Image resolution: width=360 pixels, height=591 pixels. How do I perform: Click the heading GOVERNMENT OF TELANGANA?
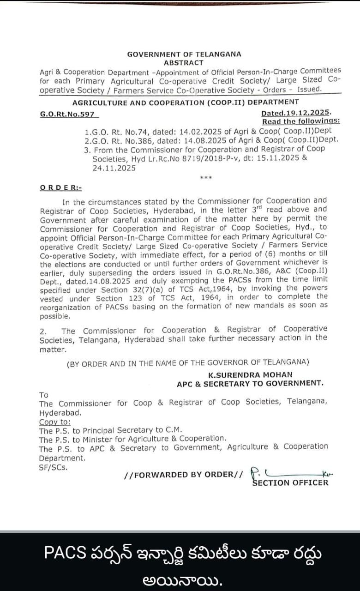(x=184, y=54)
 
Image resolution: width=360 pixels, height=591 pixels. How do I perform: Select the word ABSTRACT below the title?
(x=184, y=62)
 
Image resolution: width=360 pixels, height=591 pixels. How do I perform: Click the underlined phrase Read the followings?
(x=300, y=121)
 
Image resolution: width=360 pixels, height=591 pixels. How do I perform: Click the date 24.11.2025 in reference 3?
(x=114, y=168)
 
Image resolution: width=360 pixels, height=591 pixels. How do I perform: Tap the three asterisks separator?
(x=205, y=178)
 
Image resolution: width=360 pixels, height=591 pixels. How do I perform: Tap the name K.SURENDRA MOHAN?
(x=250, y=374)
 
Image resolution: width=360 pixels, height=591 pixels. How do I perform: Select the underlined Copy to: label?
(x=55, y=422)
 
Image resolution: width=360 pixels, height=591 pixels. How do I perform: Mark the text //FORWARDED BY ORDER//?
(x=183, y=475)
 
